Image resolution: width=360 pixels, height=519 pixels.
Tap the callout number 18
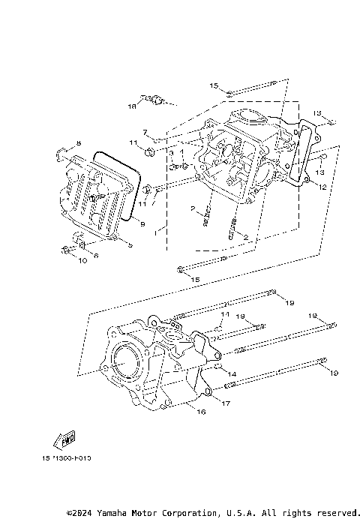131,106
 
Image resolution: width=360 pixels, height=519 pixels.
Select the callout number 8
77,142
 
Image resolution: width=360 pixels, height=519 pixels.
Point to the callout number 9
142,223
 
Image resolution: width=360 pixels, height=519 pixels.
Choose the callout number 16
200,411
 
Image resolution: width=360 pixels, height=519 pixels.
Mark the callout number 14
232,373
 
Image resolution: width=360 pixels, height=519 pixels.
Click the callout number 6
95,255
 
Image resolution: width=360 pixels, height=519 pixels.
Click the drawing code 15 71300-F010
61,456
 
